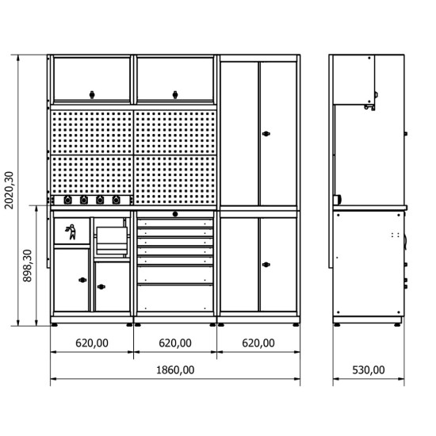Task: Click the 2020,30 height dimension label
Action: [x=10, y=190]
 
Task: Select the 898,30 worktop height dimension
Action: [x=28, y=266]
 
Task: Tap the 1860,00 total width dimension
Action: [x=175, y=370]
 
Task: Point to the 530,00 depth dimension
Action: [x=369, y=370]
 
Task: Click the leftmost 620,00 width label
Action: [x=92, y=343]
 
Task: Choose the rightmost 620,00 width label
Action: [x=258, y=343]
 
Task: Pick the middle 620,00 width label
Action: [x=175, y=343]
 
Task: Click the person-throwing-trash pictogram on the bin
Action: [x=71, y=231]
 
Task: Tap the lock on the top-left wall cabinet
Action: [x=92, y=95]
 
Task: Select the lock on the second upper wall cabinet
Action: [x=175, y=95]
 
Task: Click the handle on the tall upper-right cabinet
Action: [x=266, y=134]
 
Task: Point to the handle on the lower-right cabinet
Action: [x=266, y=265]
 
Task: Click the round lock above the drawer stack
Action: [x=175, y=214]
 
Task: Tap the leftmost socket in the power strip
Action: [x=67, y=200]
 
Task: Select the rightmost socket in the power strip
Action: [x=117, y=200]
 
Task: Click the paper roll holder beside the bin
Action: [x=112, y=240]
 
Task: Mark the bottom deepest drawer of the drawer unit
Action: [x=175, y=298]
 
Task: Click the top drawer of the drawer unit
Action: [x=175, y=224]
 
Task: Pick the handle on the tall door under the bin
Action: [x=82, y=280]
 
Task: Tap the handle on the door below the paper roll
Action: [x=101, y=287]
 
